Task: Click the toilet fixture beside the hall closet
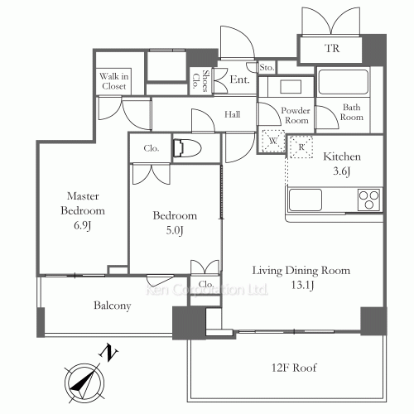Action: pos(187,148)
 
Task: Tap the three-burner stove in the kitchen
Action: pos(368,200)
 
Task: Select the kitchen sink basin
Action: pos(306,200)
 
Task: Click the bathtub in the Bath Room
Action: pos(344,82)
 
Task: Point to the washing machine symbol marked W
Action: pos(273,141)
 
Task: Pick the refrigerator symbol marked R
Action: pos(301,147)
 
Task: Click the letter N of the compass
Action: pos(108,353)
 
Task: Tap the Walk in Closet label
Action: pos(113,81)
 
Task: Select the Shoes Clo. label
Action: pos(201,80)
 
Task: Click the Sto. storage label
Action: pos(267,67)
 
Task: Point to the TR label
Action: pos(332,48)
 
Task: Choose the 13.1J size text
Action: pos(302,285)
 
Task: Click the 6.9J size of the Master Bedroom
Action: pos(82,225)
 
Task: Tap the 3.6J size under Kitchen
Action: pos(342,171)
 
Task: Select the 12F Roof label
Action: pos(294,368)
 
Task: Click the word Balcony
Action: pos(113,306)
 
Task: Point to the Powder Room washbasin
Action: pos(291,87)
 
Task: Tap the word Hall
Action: pos(232,114)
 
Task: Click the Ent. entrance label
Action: pos(239,79)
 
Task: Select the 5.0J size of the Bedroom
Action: pos(175,230)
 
